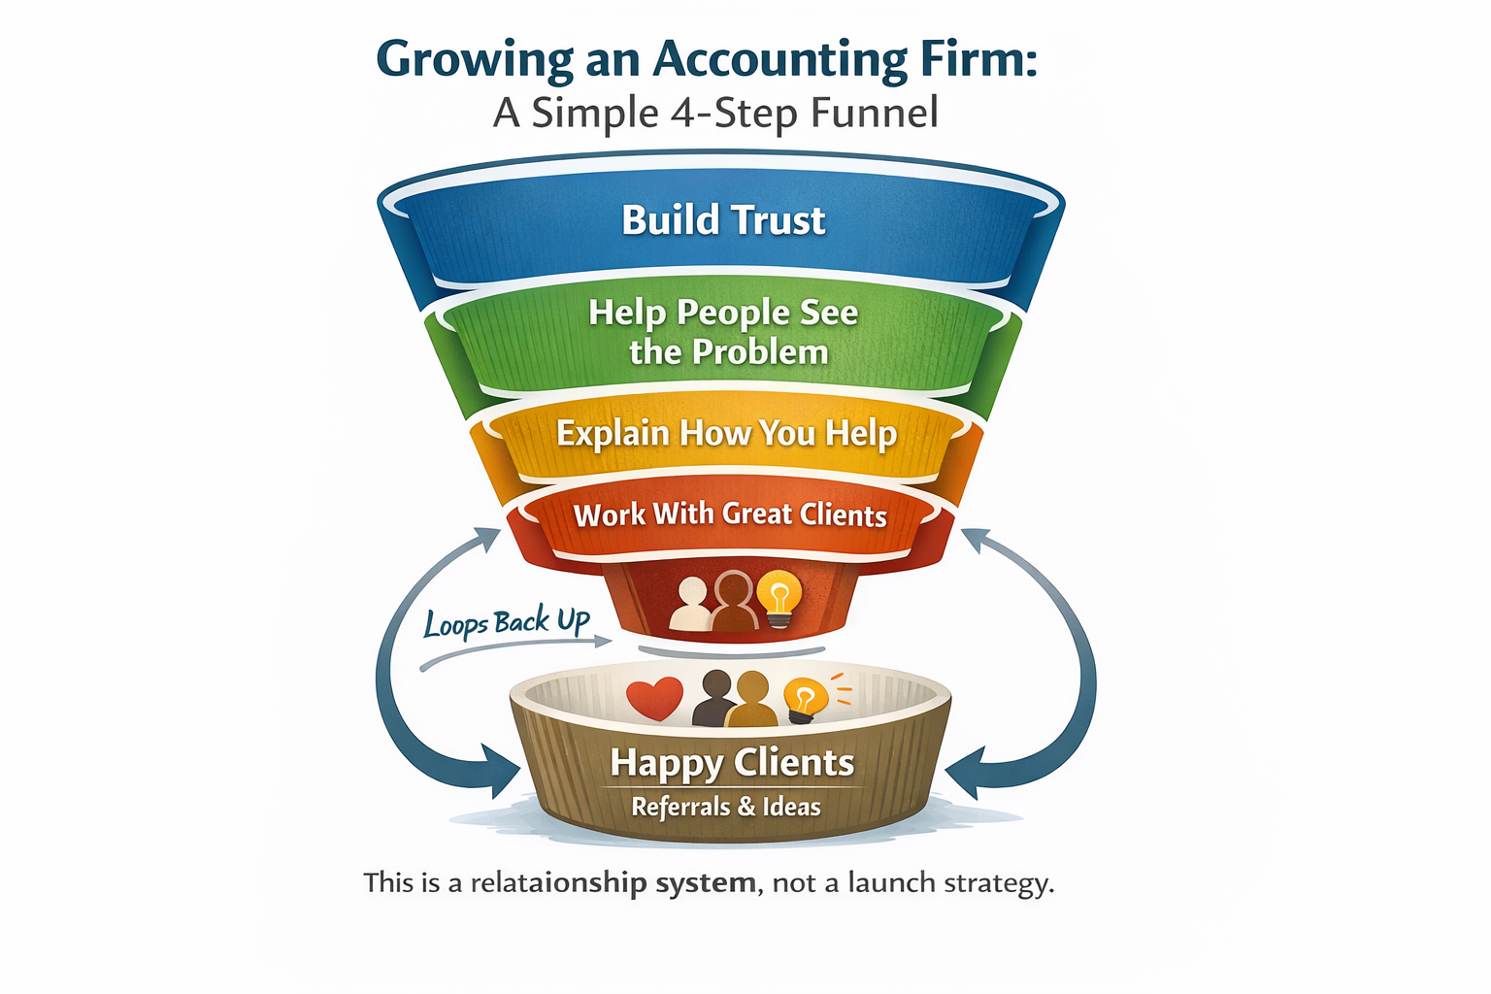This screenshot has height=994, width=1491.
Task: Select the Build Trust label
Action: coord(723,220)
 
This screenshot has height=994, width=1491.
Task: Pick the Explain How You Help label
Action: coord(726,433)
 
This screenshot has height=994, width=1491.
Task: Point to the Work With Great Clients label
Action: coord(730,514)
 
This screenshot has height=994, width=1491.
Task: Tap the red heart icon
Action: coord(654,698)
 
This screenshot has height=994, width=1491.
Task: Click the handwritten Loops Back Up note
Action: coord(506,622)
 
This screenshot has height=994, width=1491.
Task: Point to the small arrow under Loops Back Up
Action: coord(514,652)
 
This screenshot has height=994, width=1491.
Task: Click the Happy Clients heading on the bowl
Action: coord(732,763)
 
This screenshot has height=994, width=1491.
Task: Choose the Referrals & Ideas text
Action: coord(726,807)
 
